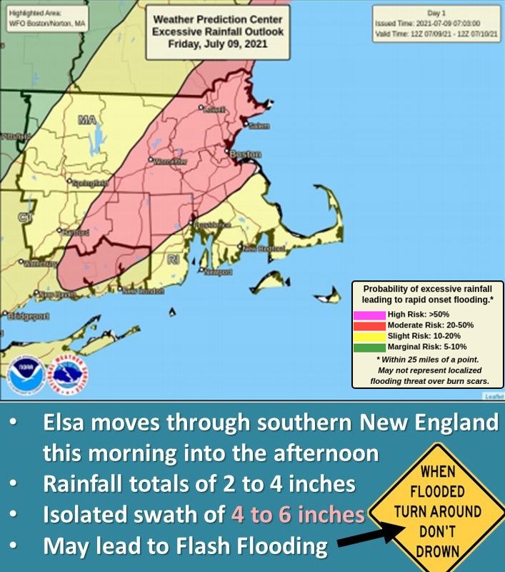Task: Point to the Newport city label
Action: point(218,272)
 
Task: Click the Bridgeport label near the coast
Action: point(29,315)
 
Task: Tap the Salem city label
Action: point(259,125)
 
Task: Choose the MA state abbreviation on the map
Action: point(86,119)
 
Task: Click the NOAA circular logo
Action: point(26,374)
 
